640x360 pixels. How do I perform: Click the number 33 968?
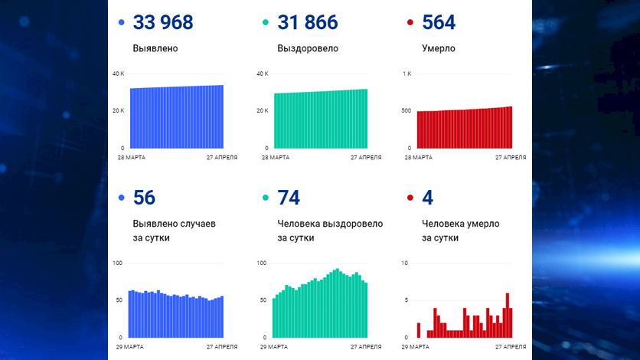click(x=163, y=23)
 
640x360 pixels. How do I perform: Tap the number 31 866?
click(x=307, y=23)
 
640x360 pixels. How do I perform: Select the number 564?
click(x=439, y=23)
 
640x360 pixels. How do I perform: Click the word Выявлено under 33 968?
click(x=155, y=48)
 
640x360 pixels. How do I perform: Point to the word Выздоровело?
click(x=308, y=48)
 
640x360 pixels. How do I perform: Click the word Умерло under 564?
click(x=439, y=48)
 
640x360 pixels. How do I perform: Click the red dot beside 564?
click(x=411, y=24)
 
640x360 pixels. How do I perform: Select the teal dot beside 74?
click(x=266, y=198)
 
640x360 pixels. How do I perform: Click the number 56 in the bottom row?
click(x=144, y=198)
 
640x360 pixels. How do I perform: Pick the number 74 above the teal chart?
click(x=289, y=198)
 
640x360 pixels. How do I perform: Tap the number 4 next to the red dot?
click(x=427, y=198)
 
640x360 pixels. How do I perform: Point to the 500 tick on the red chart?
click(x=405, y=111)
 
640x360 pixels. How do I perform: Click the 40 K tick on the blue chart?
click(x=118, y=74)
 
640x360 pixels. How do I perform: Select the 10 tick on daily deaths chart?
click(x=405, y=263)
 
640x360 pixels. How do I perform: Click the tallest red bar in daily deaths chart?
click(x=507, y=315)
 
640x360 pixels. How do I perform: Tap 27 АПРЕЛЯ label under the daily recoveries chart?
click(x=365, y=347)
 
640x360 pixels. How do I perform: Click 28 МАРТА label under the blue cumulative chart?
click(x=132, y=157)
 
